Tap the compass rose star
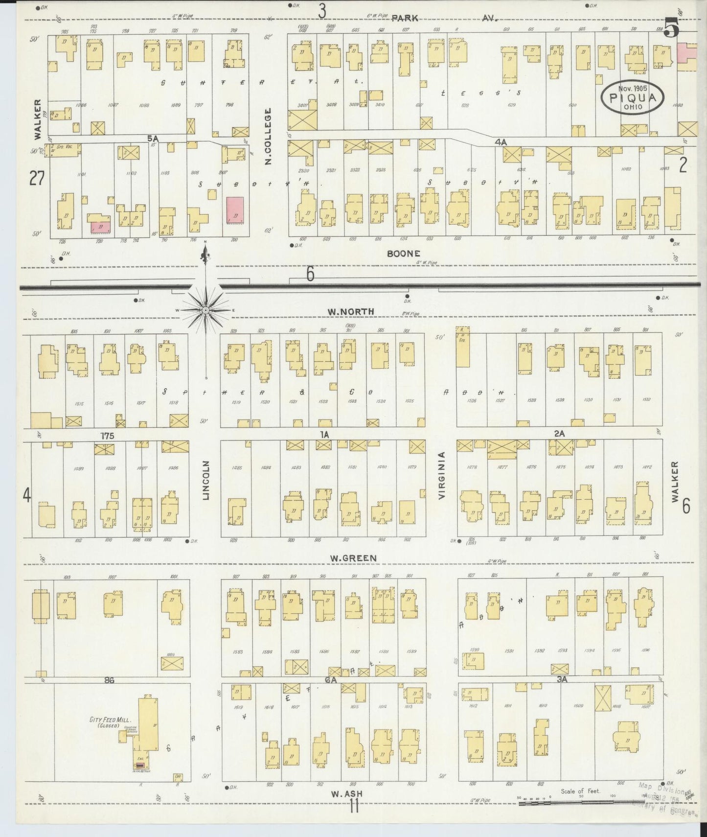point(205,310)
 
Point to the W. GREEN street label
point(359,558)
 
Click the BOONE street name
point(404,254)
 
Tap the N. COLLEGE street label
point(268,137)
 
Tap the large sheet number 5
point(672,28)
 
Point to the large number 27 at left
point(37,179)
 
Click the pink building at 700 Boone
point(235,210)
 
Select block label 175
point(107,435)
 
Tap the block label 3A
point(561,679)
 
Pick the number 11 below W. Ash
point(354,806)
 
